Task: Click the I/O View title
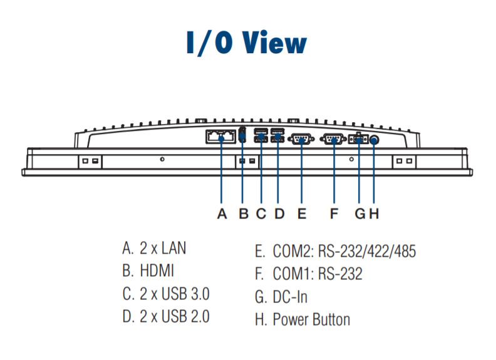coord(247,43)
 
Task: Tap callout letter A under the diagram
coord(222,214)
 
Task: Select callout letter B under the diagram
coord(244,214)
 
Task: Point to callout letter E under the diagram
coord(302,214)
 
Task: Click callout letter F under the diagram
coord(334,214)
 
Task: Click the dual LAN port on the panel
coord(221,136)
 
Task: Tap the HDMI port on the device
coord(242,135)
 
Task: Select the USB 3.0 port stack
coord(261,135)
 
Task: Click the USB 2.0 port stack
coord(277,135)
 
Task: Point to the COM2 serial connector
coord(301,139)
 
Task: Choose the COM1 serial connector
coord(334,139)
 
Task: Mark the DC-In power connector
coord(358,139)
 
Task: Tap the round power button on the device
coord(375,140)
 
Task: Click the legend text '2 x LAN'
coord(163,248)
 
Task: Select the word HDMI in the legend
coord(157,271)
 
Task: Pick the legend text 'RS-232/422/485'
coord(366,251)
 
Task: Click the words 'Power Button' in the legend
coord(311,319)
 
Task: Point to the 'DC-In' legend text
coord(290,297)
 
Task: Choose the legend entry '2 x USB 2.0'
coord(174,316)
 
